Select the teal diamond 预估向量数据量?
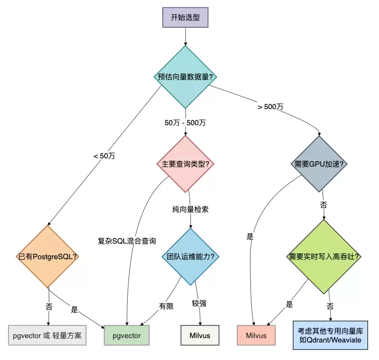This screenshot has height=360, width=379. (185, 77)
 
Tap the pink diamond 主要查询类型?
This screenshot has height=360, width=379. (185, 164)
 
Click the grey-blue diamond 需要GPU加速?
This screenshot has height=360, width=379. (319, 164)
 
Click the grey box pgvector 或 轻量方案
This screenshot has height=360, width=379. (47, 336)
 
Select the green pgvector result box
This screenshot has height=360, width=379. (127, 336)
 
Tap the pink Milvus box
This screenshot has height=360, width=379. (256, 336)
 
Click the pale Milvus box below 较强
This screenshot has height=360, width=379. (200, 336)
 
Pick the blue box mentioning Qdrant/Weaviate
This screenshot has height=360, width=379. (330, 335)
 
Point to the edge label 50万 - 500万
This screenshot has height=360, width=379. (185, 122)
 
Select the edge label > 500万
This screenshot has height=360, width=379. (270, 107)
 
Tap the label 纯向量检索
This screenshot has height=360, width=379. (190, 209)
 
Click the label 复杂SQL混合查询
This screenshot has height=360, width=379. (127, 241)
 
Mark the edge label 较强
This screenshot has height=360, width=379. (199, 303)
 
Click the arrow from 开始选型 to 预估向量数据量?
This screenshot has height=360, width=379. (185, 36)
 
